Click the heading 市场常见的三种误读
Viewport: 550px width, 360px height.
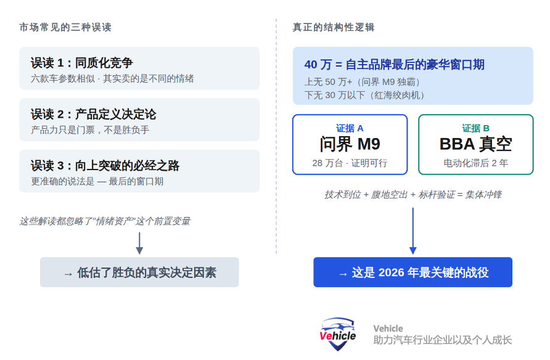click(65, 28)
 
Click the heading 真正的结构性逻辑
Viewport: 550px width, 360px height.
click(334, 28)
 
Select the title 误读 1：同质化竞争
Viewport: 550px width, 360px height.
click(82, 63)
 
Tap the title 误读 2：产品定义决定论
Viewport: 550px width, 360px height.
click(94, 114)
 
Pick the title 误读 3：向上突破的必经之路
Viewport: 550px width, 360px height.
click(105, 166)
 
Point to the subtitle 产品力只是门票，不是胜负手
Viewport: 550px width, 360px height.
click(90, 130)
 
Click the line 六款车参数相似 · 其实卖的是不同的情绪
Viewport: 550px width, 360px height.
click(112, 78)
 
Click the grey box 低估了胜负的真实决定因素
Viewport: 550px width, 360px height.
click(139, 272)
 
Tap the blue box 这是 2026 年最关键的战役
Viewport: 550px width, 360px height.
click(412, 272)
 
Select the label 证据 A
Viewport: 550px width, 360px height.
click(350, 128)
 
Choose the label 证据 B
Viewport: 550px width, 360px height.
click(475, 128)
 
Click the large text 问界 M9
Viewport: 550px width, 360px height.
click(350, 144)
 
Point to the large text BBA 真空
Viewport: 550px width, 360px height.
click(475, 144)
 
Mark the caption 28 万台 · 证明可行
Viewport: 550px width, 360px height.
click(350, 163)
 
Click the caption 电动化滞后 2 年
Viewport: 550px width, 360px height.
click(475, 163)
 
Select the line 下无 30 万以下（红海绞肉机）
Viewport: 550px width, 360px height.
click(365, 95)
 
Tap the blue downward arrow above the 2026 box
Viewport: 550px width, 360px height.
click(412, 231)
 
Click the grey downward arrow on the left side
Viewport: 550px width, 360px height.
click(139, 243)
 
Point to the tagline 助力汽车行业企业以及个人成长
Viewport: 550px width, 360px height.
click(442, 340)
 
